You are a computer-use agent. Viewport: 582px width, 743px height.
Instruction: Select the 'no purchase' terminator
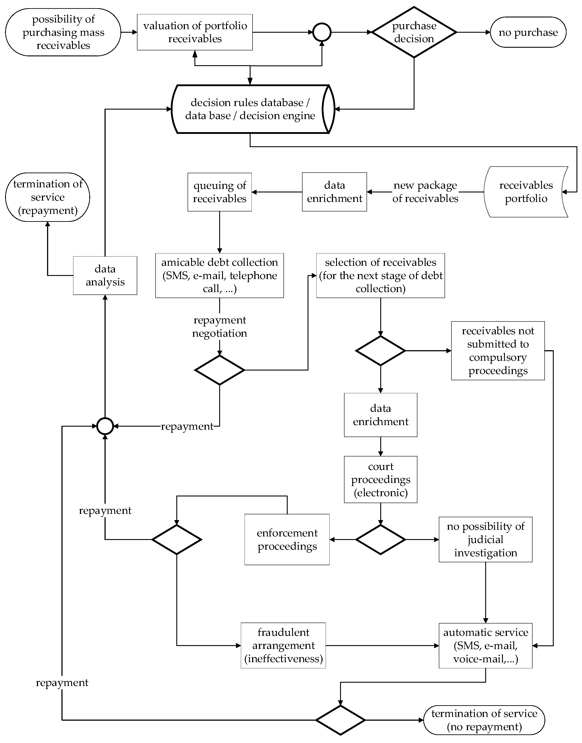tap(528, 32)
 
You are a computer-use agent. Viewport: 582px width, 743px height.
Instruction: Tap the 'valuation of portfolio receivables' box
tap(195, 32)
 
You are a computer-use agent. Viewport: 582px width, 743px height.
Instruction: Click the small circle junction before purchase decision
tap(322, 32)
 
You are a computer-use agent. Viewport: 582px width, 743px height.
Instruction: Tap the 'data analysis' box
tap(105, 275)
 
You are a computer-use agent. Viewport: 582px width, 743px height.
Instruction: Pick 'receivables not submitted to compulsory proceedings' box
tap(498, 351)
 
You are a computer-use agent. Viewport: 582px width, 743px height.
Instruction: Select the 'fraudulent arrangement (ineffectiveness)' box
tap(283, 645)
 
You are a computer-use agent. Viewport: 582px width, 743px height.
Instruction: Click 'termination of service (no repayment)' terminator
tap(484, 720)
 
